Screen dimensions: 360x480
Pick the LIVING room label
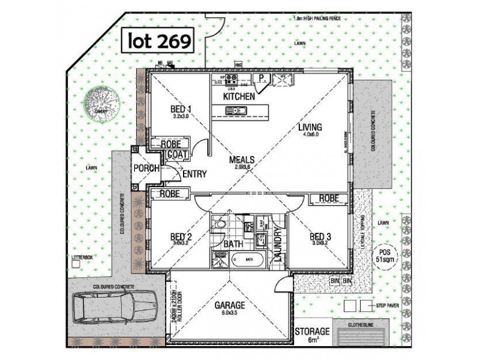point(311,127)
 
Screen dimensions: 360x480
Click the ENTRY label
point(194,174)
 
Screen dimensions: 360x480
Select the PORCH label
point(146,169)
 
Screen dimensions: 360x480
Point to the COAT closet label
point(178,154)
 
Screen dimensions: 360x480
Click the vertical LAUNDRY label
point(278,246)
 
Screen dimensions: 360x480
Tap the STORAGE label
point(312,331)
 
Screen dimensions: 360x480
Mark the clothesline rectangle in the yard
point(358,335)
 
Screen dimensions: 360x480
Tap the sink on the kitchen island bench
point(235,110)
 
